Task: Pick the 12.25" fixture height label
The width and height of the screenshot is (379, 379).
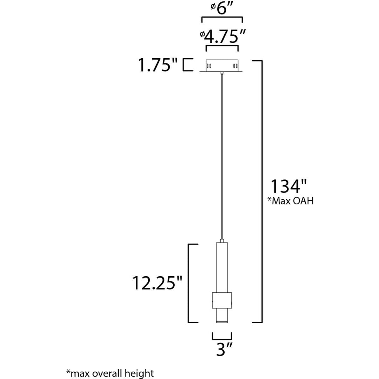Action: (158, 282)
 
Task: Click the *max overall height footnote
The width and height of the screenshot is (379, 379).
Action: (110, 372)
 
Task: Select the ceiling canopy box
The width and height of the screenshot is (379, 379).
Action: (221, 66)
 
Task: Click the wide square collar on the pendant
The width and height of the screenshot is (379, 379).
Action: (221, 300)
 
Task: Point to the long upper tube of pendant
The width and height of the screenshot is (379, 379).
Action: (221, 267)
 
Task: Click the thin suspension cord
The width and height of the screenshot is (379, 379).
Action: (221, 158)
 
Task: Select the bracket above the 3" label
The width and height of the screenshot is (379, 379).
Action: (221, 338)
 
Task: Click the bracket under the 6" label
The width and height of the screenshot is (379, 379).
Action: (222, 18)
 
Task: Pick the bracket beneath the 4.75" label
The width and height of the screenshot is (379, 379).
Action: (222, 47)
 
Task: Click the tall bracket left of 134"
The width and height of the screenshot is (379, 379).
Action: (260, 191)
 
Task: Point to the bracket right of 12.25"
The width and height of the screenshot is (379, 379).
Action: (190, 283)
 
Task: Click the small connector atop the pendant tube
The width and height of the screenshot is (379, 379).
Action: (221, 240)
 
